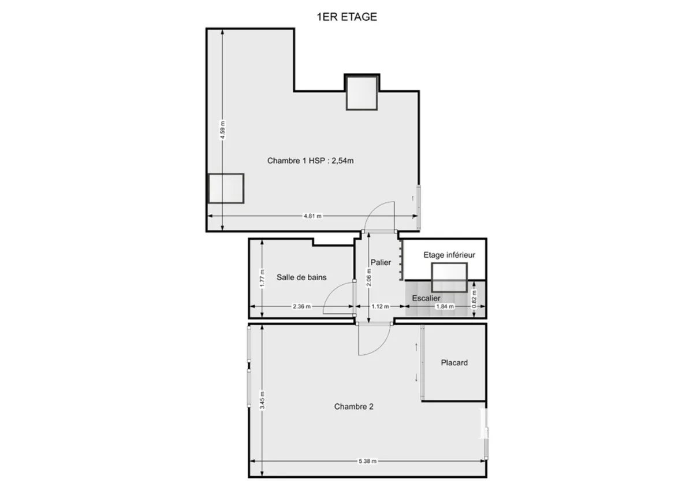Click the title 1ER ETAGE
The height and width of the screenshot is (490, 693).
(x=346, y=17)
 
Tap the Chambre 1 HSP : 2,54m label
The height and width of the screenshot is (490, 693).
(x=310, y=161)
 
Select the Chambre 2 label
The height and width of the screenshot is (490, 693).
(x=353, y=407)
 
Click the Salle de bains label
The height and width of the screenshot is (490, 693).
(x=301, y=277)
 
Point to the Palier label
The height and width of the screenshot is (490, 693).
(x=381, y=262)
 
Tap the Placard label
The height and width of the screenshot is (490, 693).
(x=454, y=363)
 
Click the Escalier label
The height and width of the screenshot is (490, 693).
(x=426, y=298)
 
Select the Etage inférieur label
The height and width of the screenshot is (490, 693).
(x=449, y=255)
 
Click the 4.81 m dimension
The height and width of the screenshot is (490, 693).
(x=312, y=216)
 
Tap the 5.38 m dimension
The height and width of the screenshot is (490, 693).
(x=367, y=461)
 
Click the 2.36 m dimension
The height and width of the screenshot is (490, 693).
(x=301, y=306)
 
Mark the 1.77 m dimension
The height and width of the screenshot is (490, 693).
(x=262, y=279)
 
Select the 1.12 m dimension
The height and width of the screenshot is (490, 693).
(x=378, y=306)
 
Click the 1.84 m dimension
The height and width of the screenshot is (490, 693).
(x=445, y=306)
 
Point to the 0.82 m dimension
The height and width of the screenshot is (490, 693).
(x=475, y=298)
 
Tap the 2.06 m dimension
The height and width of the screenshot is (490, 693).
(x=369, y=278)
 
